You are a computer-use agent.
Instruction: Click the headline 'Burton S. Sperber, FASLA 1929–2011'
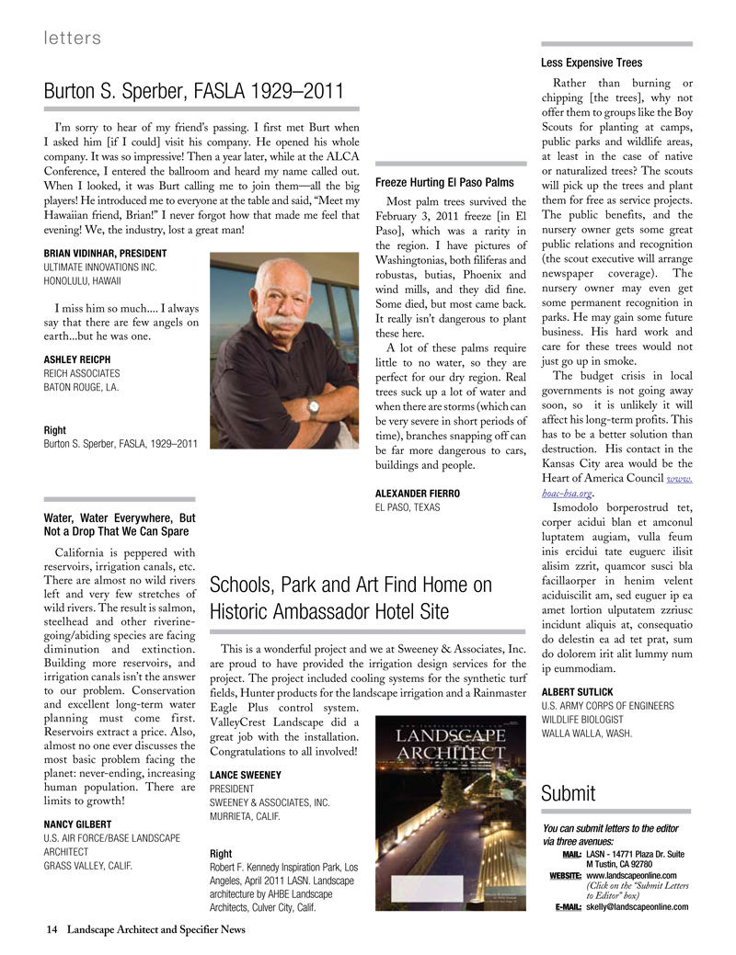tap(194, 92)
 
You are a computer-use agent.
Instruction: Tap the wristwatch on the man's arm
tap(314, 404)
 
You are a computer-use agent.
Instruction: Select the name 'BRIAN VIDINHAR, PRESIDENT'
tap(105, 253)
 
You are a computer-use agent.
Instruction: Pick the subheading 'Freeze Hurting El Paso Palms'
tap(444, 182)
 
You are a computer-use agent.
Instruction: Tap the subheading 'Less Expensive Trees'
tap(592, 63)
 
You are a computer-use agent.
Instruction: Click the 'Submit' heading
tap(569, 792)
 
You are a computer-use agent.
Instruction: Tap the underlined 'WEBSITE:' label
tap(561, 876)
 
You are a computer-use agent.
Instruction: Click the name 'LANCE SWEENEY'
tap(246, 775)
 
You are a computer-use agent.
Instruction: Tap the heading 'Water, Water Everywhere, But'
tap(120, 517)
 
